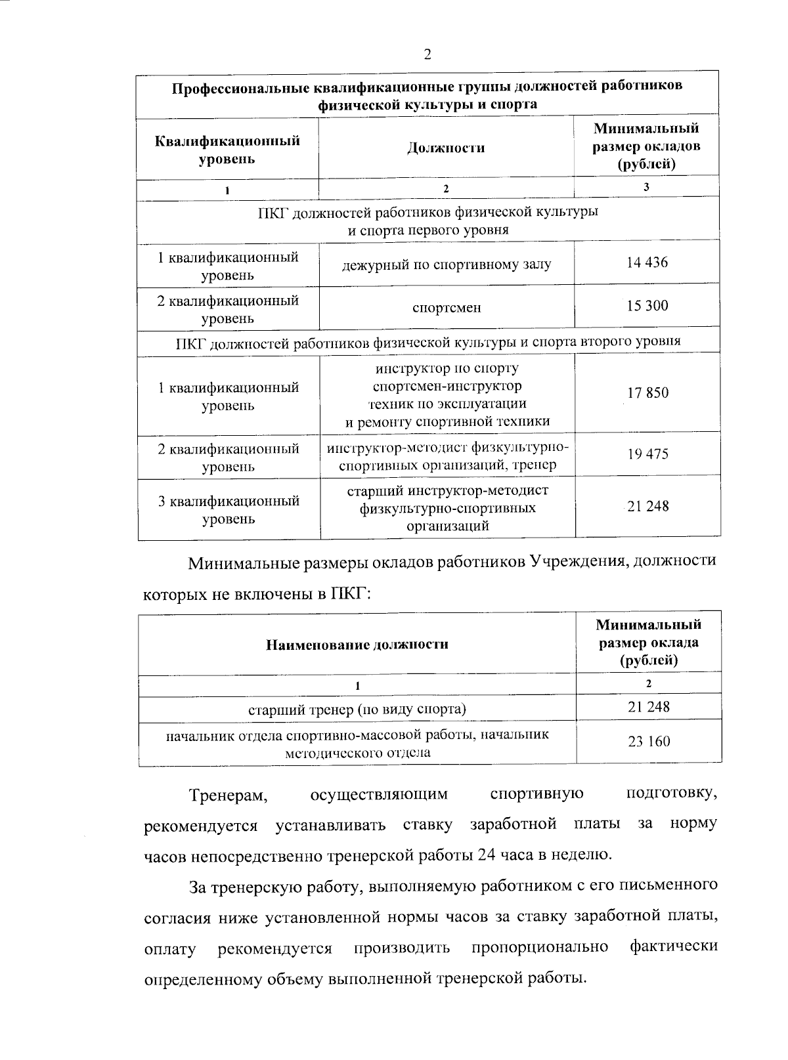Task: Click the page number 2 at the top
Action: (427, 54)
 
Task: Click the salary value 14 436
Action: (647, 263)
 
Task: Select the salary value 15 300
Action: (647, 306)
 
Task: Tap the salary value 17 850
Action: (647, 393)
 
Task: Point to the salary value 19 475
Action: (647, 454)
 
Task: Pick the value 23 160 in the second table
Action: (649, 742)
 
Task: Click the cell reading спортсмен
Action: (447, 307)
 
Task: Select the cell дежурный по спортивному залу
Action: (447, 265)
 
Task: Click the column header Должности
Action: (446, 148)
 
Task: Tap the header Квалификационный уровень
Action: (227, 150)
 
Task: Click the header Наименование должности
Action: (357, 645)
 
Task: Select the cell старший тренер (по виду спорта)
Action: (357, 709)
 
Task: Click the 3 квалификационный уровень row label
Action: (228, 510)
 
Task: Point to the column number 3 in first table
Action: (647, 187)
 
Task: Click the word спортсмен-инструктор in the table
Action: (447, 386)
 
